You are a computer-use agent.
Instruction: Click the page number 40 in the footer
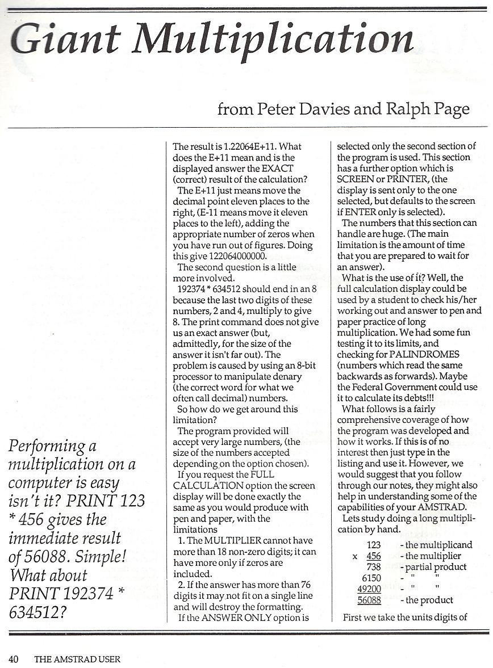[14, 659]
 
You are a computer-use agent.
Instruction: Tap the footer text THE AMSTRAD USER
[77, 659]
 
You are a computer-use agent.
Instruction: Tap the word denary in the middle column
[295, 376]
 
